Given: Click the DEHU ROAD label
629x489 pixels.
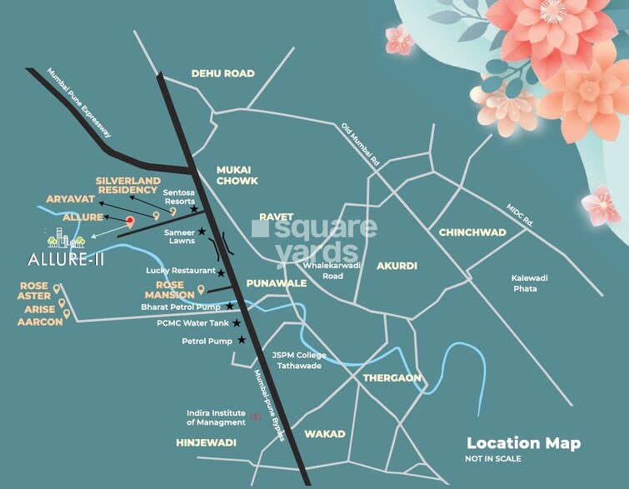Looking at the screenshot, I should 222,73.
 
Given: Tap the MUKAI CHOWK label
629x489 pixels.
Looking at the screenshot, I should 237,175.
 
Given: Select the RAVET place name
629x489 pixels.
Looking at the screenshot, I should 276,217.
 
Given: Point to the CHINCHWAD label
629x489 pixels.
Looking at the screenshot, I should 472,232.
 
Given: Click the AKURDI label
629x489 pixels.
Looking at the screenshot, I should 397,266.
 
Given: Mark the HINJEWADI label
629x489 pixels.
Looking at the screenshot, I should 207,442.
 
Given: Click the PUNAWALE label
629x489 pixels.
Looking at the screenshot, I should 277,283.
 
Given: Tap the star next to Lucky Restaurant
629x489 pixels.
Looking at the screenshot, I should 221,272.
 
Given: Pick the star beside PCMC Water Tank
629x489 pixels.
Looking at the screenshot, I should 237,323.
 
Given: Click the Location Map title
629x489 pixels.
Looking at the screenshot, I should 523,443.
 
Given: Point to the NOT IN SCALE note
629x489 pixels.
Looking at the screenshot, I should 493,459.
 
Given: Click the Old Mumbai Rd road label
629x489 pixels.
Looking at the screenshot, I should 361,144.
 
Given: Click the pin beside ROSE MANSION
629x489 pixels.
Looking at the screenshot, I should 201,291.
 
